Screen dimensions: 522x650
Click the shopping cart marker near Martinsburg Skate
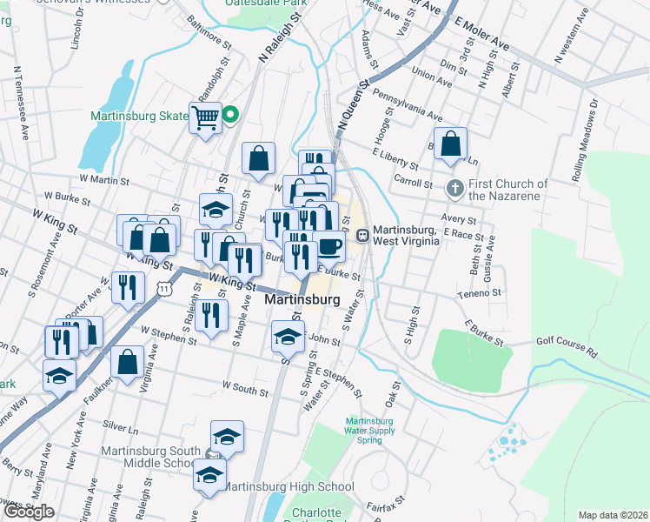point(206,117)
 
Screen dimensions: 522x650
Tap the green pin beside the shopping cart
point(231,114)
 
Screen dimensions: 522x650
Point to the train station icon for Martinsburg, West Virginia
point(362,234)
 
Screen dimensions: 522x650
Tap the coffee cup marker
point(329,247)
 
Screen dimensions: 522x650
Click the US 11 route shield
point(164,287)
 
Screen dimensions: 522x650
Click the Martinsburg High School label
point(289,486)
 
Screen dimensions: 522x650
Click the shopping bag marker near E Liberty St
point(451,144)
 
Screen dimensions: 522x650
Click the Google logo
point(30,512)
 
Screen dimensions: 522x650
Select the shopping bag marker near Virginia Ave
point(127,362)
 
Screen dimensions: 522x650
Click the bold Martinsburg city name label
point(301,299)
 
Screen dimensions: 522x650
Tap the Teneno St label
point(481,294)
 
